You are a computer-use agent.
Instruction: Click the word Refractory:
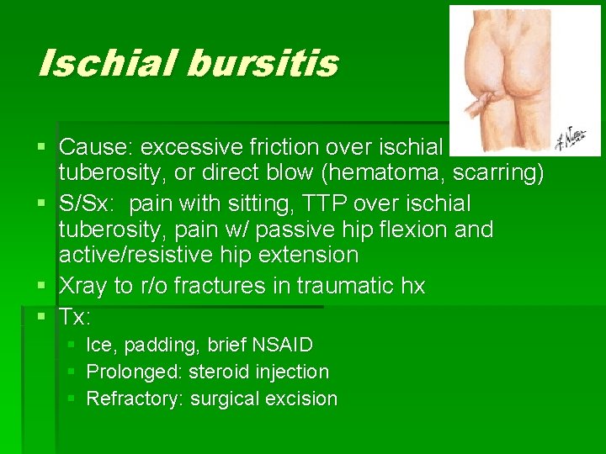(135, 399)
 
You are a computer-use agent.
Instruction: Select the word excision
(302, 399)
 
